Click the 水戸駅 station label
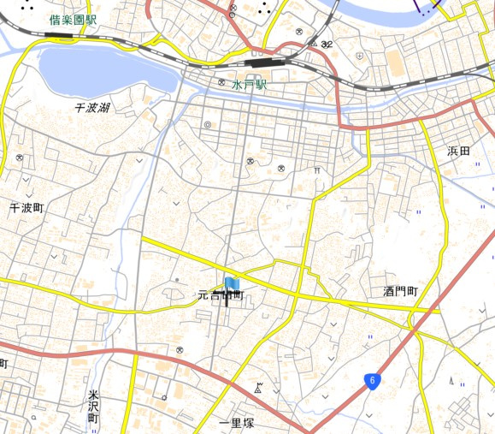[249, 86]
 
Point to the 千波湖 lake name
[92, 108]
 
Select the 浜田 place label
[459, 151]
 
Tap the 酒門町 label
[400, 291]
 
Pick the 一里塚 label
[237, 423]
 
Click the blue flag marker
[233, 284]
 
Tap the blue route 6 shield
[373, 380]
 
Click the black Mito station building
[258, 62]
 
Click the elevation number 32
[327, 44]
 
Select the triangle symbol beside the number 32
[315, 44]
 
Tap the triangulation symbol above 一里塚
[258, 388]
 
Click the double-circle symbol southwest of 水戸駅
[208, 125]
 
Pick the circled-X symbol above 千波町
[19, 158]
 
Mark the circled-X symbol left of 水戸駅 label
[221, 83]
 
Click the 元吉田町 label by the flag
[221, 295]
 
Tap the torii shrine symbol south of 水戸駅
[318, 171]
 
